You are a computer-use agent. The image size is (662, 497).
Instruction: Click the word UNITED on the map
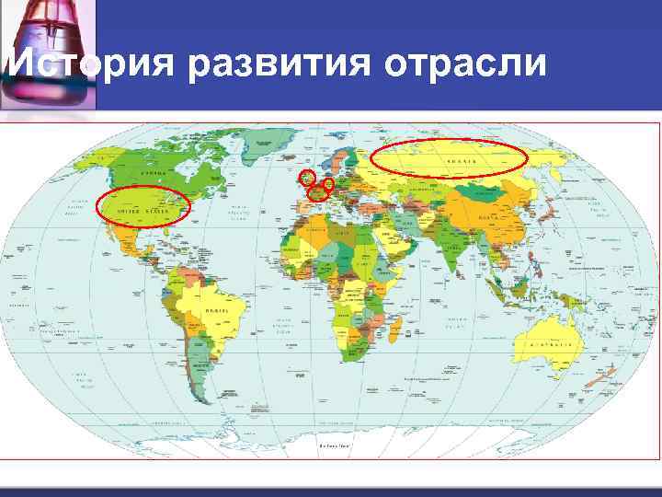point(128,211)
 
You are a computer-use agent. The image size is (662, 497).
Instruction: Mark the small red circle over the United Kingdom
point(308,177)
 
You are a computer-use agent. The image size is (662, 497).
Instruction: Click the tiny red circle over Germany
point(329,184)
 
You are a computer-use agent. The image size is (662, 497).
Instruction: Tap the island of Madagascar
point(397,340)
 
